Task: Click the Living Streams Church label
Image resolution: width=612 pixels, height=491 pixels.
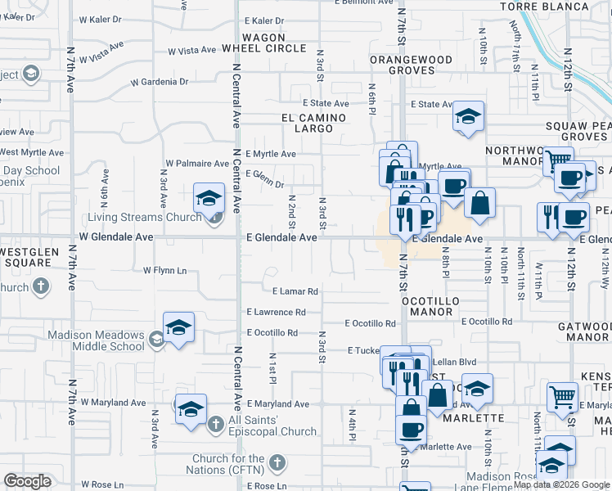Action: [142, 217]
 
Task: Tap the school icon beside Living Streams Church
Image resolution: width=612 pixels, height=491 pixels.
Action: [209, 197]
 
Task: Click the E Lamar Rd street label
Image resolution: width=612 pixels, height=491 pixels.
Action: [295, 291]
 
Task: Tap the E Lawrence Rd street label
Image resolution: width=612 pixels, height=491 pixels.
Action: [276, 312]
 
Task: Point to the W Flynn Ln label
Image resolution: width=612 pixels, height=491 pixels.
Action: [165, 269]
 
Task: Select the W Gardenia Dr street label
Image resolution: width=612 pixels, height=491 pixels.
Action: [160, 82]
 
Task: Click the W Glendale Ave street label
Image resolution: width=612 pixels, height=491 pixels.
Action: [115, 236]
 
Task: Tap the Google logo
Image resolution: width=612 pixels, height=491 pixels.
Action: [28, 481]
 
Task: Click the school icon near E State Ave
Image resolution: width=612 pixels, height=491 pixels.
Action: [468, 116]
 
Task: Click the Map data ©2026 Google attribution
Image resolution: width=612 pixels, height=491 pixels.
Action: [561, 484]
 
